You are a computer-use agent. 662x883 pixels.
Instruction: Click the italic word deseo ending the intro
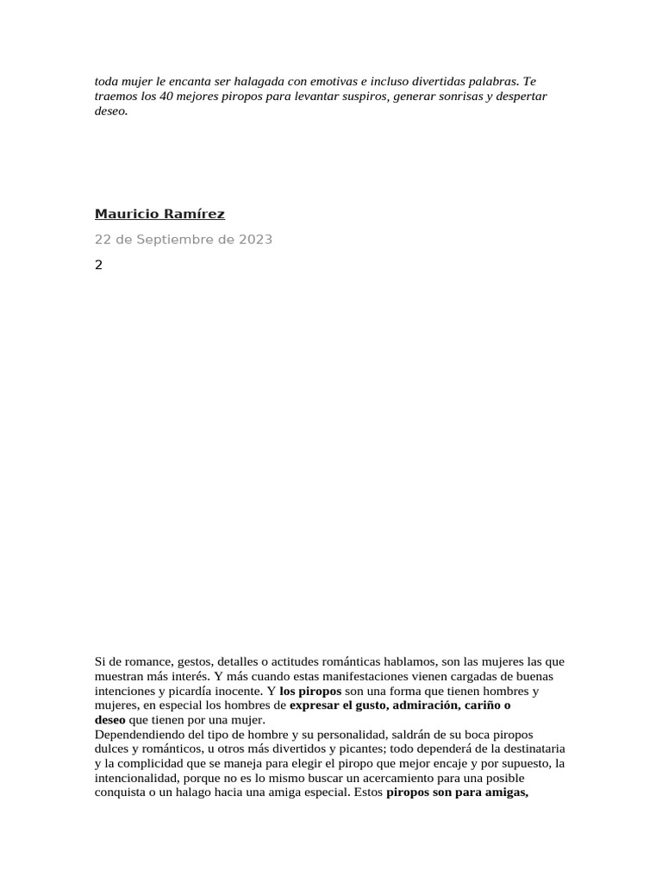(x=109, y=111)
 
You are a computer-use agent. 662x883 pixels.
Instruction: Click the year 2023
(x=254, y=240)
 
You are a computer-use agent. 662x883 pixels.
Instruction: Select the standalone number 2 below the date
(x=98, y=265)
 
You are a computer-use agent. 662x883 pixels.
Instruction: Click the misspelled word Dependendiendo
(x=137, y=734)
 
